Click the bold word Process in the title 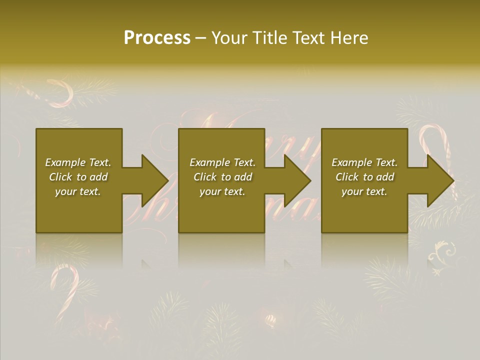[157, 38]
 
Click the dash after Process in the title [201, 38]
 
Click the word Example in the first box [65, 162]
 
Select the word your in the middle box [210, 191]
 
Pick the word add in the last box [385, 177]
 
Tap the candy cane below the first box [65, 287]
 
